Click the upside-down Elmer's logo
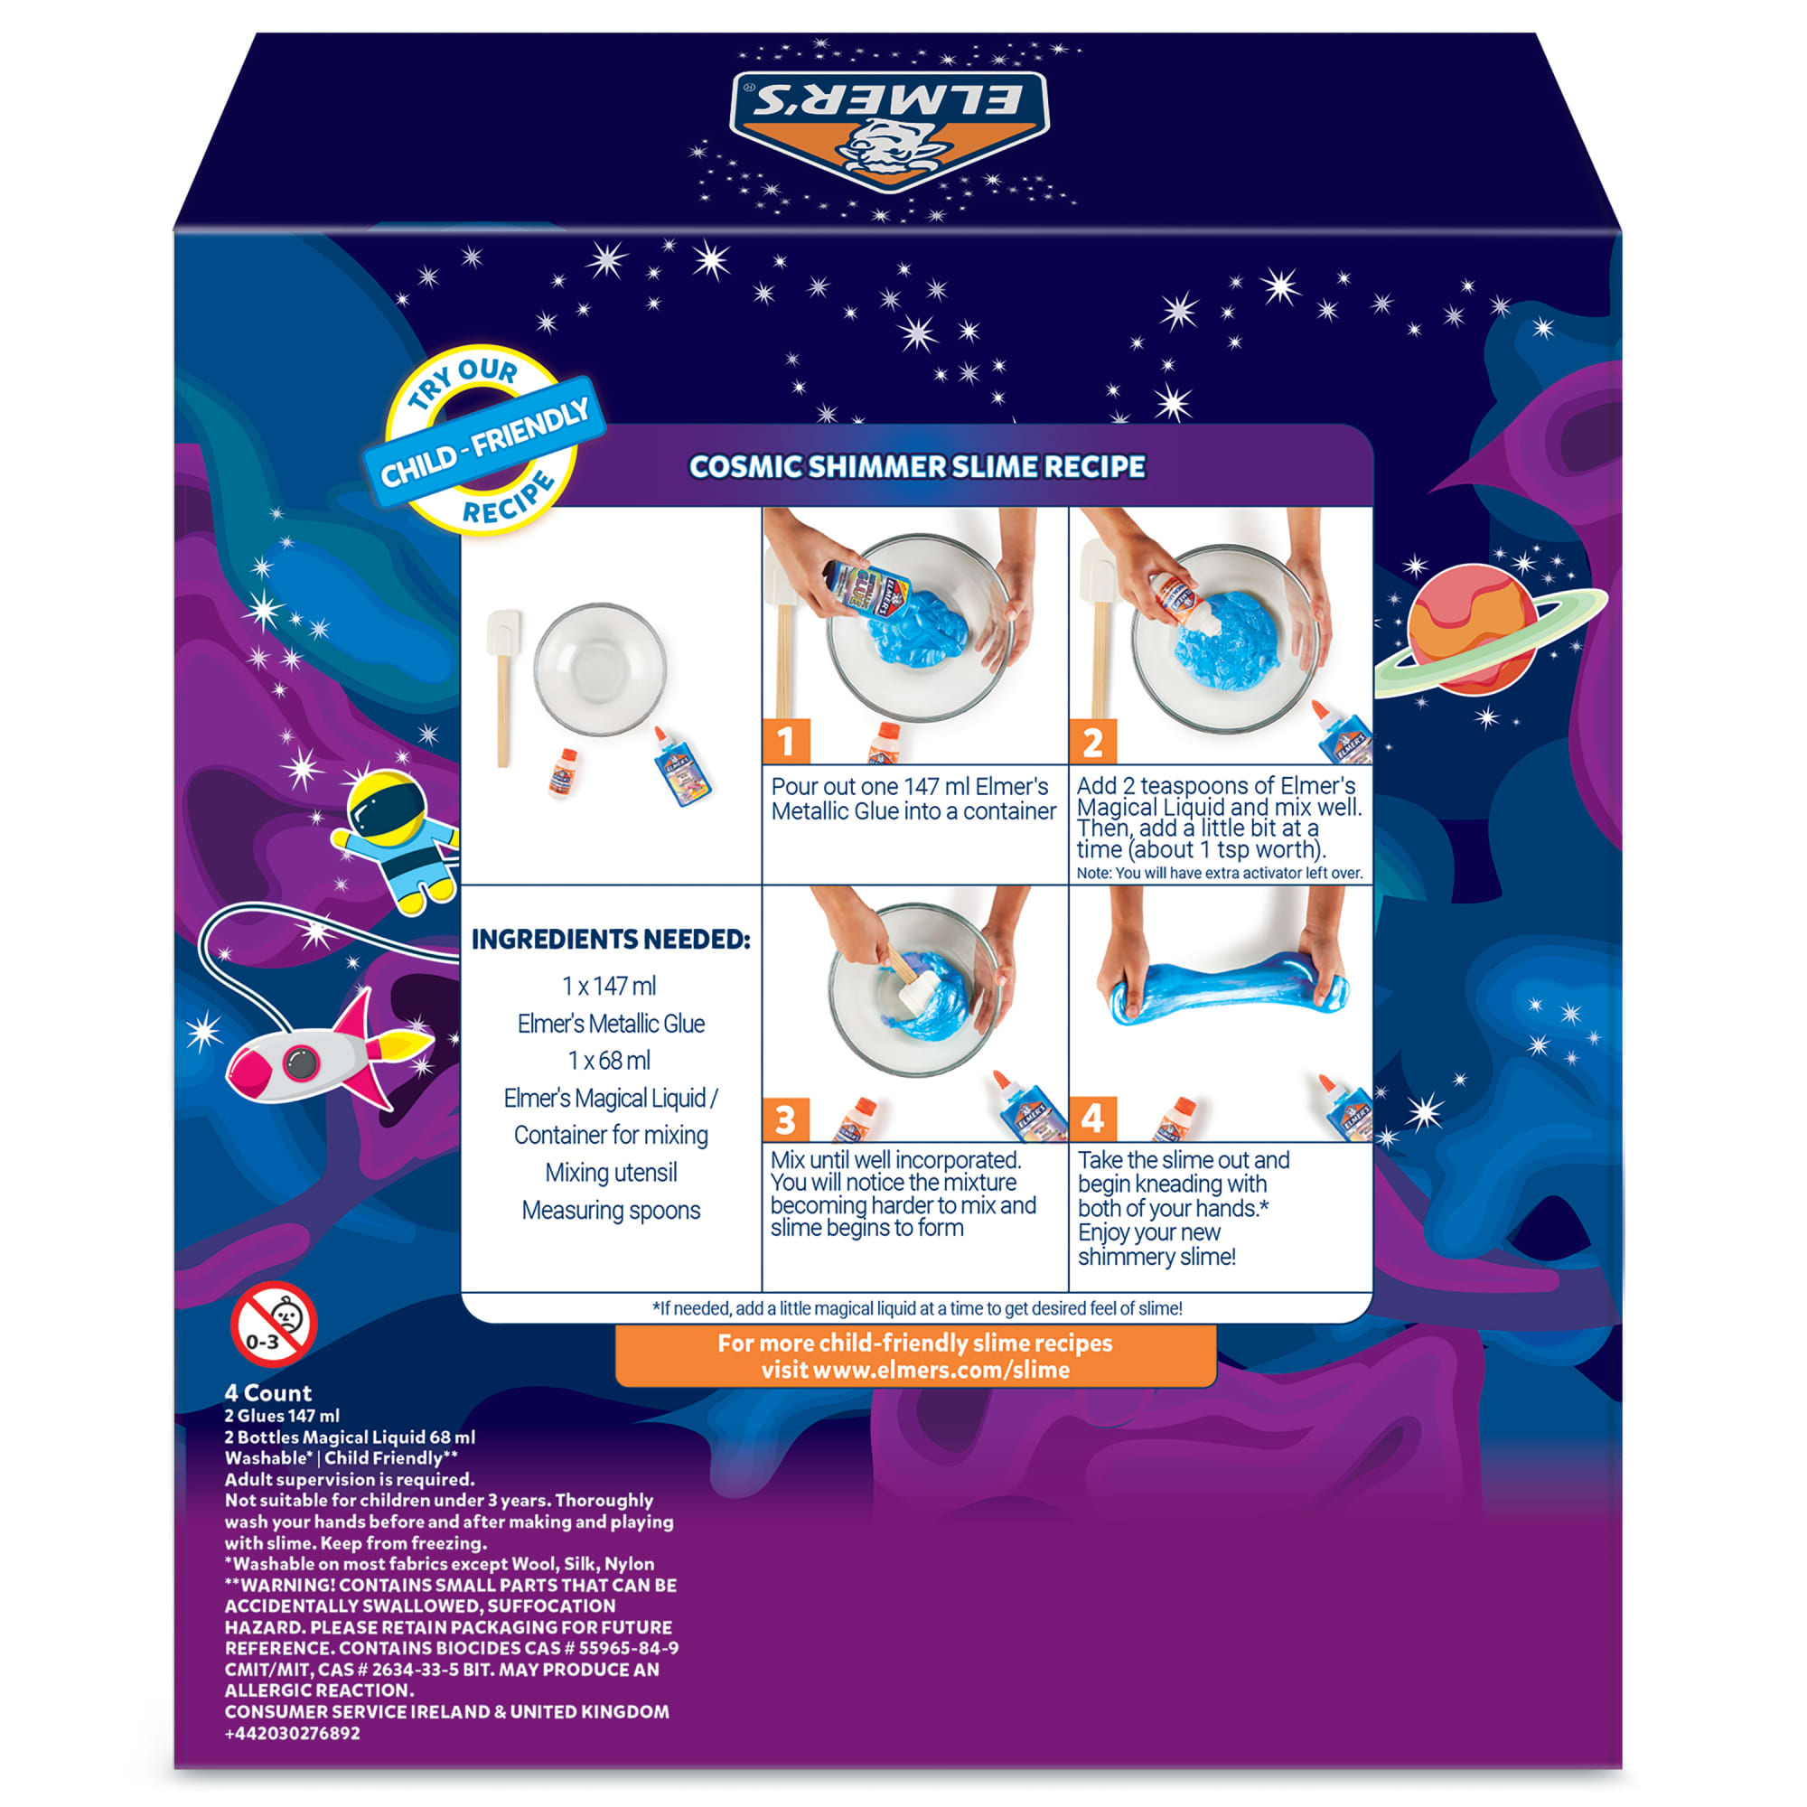888,129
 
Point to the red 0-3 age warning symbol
274,1325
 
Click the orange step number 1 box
786,742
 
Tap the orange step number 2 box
1092,742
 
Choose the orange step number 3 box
786,1119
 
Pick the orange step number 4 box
1092,1119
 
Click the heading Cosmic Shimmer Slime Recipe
916,467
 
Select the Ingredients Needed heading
611,939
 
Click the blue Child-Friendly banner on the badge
484,442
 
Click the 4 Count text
267,1392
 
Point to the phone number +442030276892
292,1733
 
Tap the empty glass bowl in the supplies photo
600,669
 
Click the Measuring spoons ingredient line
611,1211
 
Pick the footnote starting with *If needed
916,1308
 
